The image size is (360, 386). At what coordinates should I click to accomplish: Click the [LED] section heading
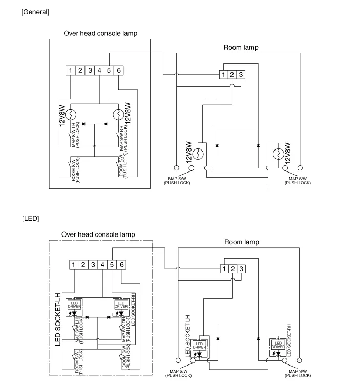[x=30, y=219]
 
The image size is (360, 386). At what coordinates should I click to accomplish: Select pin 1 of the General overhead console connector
[x=72, y=70]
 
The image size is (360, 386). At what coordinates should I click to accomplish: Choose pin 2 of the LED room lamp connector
[x=232, y=269]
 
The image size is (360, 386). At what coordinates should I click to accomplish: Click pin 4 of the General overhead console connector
[x=100, y=70]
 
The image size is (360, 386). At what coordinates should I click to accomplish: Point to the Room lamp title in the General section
[x=241, y=48]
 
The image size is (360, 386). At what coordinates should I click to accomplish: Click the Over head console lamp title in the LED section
[x=98, y=234]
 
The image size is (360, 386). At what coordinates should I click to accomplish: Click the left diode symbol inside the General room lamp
[x=217, y=146]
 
